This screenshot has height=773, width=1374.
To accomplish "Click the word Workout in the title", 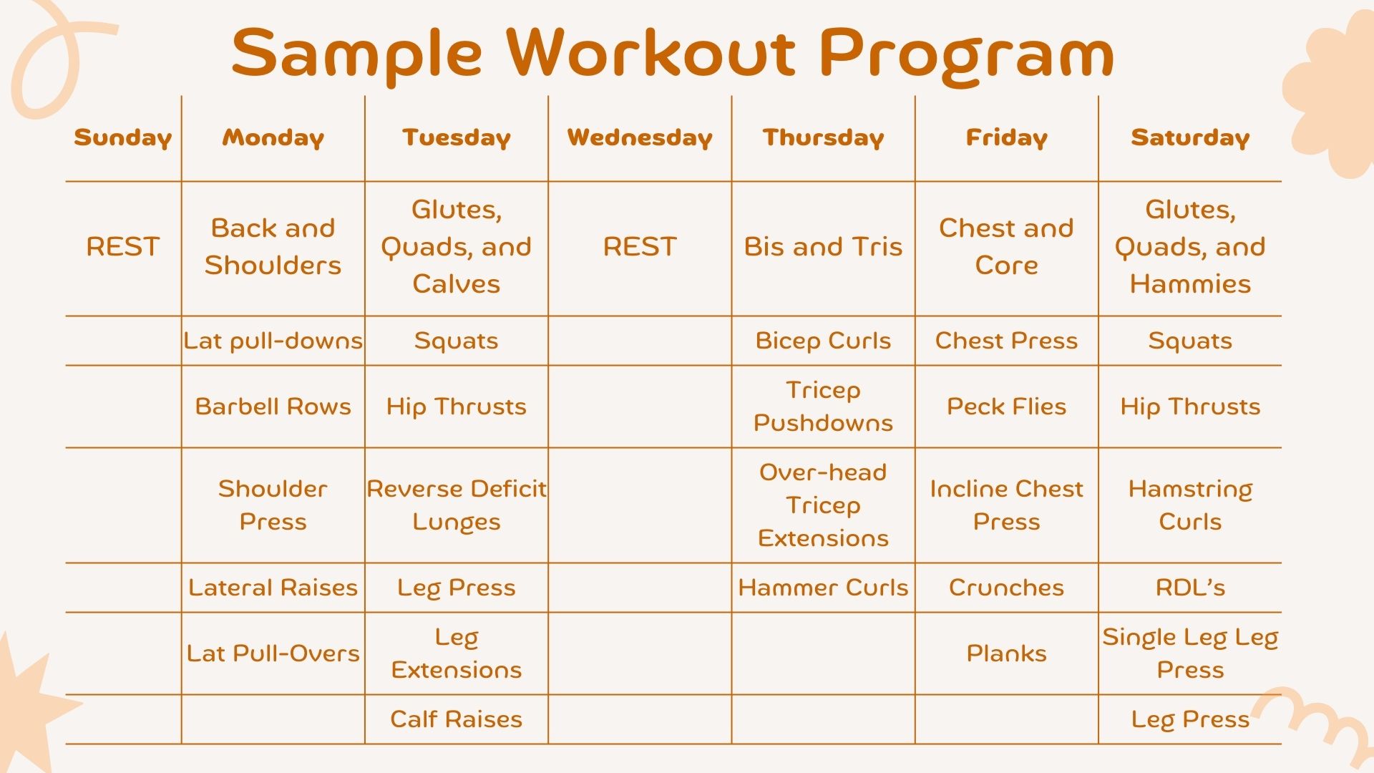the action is click(651, 53).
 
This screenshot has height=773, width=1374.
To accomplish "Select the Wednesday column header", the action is click(640, 137).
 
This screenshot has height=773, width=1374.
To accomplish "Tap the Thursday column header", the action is click(823, 137).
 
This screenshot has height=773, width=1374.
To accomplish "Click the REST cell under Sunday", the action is click(122, 246).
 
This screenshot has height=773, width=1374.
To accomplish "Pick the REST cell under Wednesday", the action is click(640, 246).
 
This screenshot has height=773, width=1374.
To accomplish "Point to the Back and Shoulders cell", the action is click(273, 246).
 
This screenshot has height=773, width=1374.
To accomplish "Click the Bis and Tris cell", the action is click(823, 246).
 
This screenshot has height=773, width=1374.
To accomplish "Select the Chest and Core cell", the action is click(1006, 246).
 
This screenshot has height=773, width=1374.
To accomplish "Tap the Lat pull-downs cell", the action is click(273, 341).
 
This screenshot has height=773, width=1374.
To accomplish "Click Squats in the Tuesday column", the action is click(456, 341).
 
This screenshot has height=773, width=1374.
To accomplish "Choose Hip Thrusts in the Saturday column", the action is click(1190, 407).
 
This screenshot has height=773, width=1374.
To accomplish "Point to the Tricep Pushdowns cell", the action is click(823, 407).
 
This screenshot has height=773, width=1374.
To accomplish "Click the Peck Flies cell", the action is click(1006, 407).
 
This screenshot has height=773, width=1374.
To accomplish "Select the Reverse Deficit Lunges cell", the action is click(456, 505).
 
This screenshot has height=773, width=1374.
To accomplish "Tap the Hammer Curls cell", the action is click(823, 588).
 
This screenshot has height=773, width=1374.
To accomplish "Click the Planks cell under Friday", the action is click(1006, 653).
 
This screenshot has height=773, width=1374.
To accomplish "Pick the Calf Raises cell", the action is click(456, 719).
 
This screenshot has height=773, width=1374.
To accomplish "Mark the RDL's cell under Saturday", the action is click(1190, 588).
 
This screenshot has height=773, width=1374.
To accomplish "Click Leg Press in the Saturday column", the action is click(1190, 719).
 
